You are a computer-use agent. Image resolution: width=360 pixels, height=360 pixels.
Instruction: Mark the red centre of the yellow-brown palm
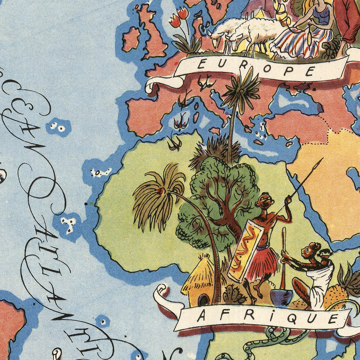tap(160, 191)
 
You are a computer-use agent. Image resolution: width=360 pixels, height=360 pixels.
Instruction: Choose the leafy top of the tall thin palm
tap(240, 90)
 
